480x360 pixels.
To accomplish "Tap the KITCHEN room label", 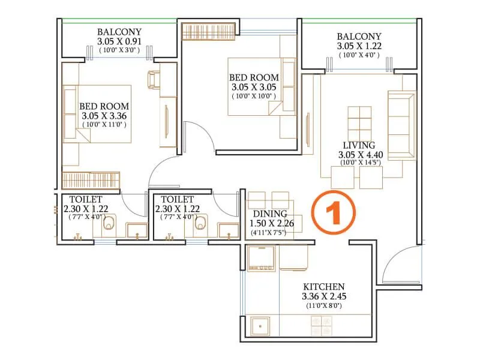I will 323,287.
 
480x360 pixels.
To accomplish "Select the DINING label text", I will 270,214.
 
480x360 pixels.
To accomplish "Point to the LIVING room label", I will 359,145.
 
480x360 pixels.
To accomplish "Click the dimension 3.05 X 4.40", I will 359,154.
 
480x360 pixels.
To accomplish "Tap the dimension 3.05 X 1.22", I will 358,46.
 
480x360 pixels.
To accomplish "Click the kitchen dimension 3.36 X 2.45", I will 323,296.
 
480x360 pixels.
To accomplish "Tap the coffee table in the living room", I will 361,122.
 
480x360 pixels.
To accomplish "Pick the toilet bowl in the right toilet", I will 203,224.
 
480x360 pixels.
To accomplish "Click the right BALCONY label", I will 358,36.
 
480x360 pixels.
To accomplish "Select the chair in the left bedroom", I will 154,79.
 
